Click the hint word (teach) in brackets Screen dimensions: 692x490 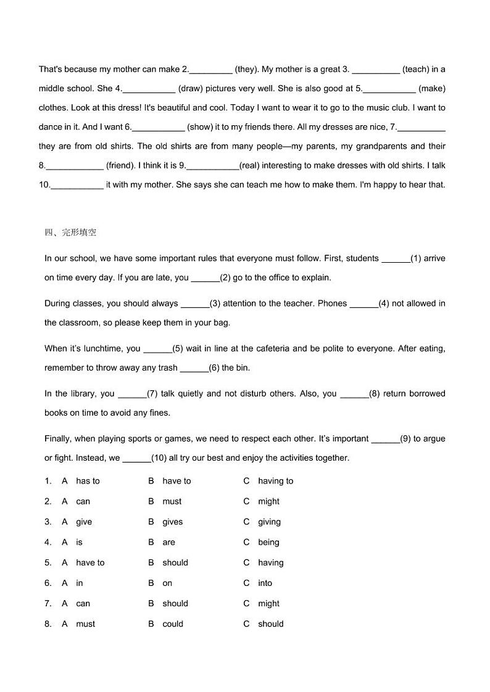click(x=415, y=70)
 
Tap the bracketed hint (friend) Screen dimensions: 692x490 click(x=120, y=165)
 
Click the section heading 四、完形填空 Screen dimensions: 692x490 click(x=70, y=233)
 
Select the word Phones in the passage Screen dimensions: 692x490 click(x=332, y=303)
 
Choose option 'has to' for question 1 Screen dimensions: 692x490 click(x=88, y=481)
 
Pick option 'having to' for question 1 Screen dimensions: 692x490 click(x=275, y=481)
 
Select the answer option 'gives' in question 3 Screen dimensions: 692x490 click(x=172, y=522)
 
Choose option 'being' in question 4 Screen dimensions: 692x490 click(x=268, y=542)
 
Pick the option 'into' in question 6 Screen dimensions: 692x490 click(x=265, y=583)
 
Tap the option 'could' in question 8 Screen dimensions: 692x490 click(x=172, y=624)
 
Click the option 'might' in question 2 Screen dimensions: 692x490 click(x=268, y=501)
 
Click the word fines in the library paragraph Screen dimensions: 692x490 click(x=159, y=413)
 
